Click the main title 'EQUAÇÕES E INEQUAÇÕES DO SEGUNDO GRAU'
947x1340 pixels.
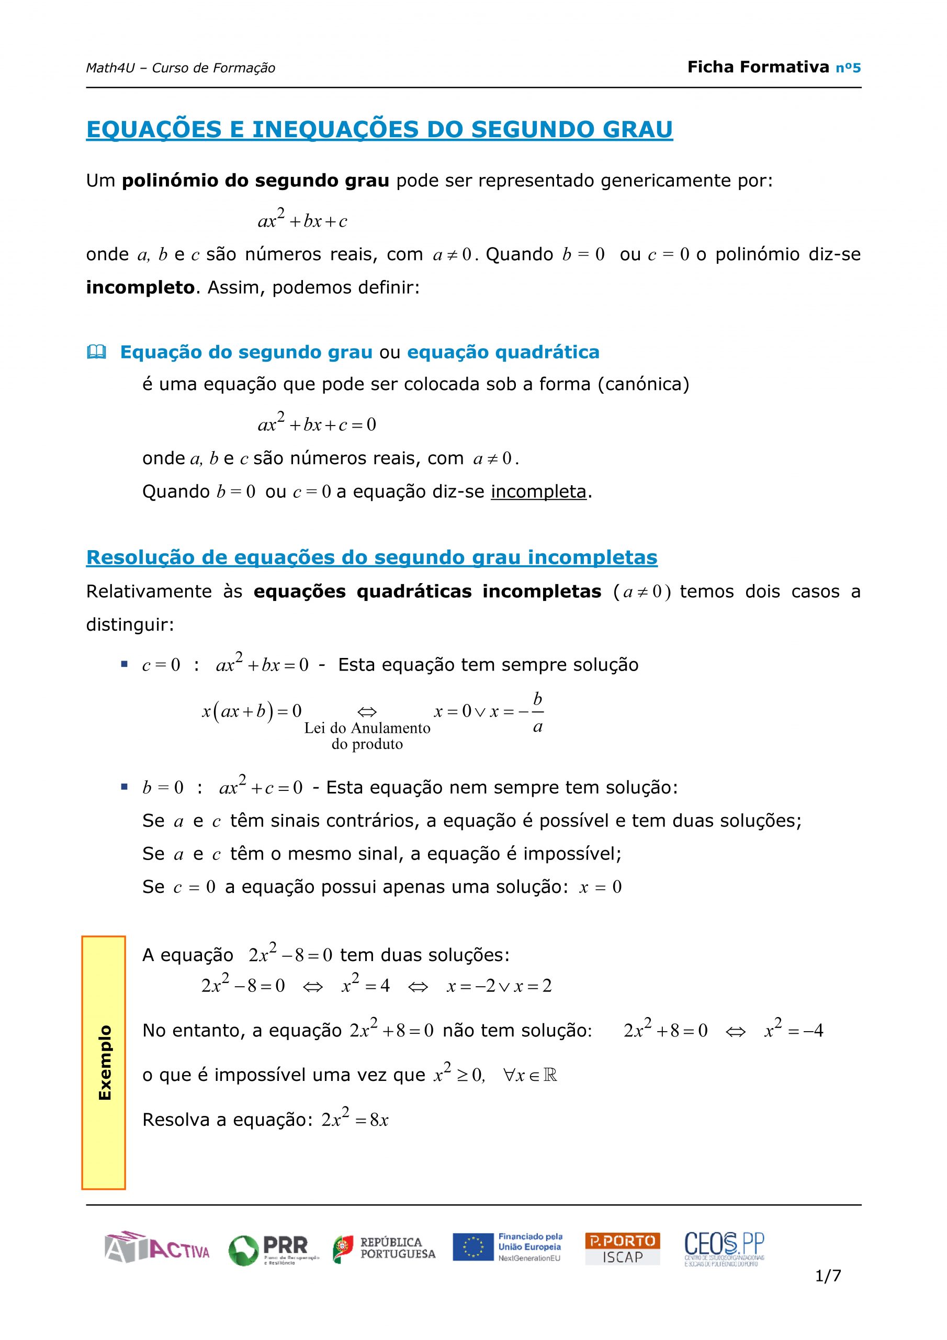click(x=379, y=130)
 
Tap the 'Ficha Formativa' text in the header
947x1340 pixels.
click(x=758, y=67)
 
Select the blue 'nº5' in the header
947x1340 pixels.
click(x=848, y=68)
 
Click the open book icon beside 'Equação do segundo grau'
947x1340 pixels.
click(x=96, y=352)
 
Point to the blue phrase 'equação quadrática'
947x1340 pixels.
click(x=503, y=352)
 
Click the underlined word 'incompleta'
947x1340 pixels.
click(x=538, y=492)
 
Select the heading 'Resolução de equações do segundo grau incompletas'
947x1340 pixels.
click(x=371, y=557)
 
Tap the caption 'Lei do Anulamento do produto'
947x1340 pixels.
click(x=367, y=736)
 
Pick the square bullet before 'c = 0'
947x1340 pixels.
click(x=123, y=664)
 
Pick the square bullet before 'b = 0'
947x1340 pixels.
click(x=123, y=787)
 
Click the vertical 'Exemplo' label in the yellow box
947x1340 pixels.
click(x=105, y=1063)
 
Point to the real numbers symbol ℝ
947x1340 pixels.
click(x=550, y=1075)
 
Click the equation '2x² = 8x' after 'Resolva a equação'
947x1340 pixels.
click(x=355, y=1120)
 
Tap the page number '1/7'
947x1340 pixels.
click(x=828, y=1276)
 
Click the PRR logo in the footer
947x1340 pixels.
click(x=273, y=1249)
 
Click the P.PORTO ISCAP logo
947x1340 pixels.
click(x=622, y=1248)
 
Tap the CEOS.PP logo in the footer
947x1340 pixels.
click(x=724, y=1248)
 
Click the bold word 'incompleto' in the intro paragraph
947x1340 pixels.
click(x=140, y=288)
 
